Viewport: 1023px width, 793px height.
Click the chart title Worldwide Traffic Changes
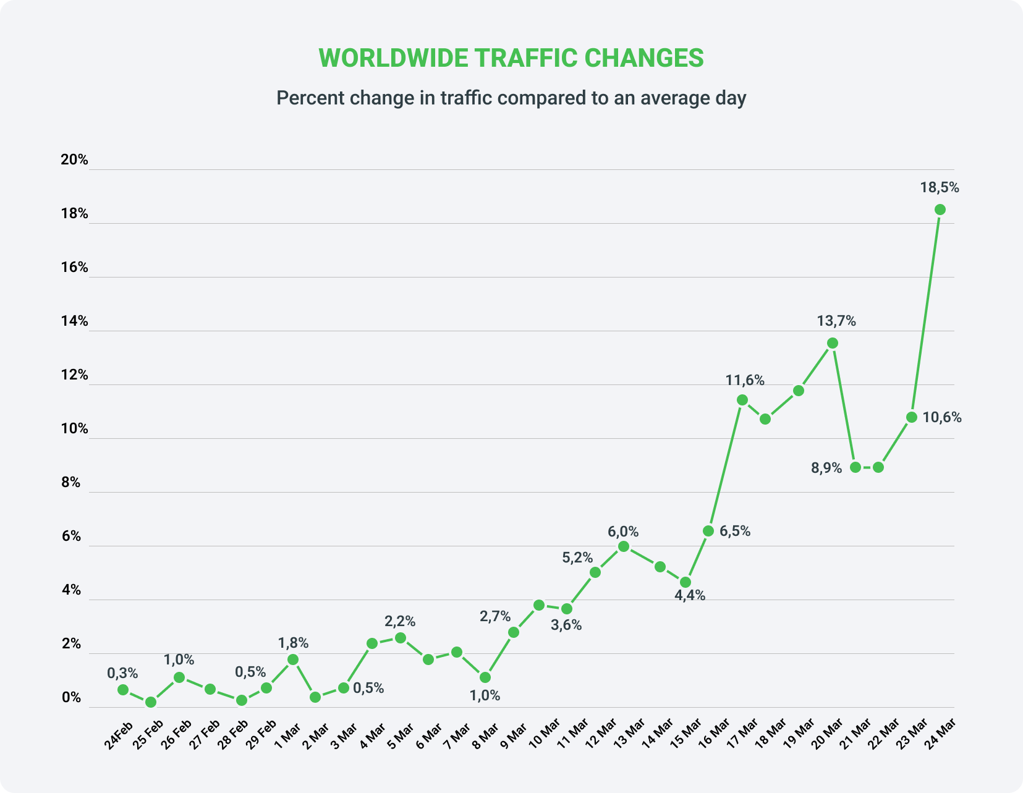[x=511, y=57]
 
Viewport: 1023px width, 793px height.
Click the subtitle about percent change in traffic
[x=511, y=98]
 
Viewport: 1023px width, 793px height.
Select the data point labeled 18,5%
[x=940, y=210]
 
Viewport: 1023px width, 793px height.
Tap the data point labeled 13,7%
[x=833, y=343]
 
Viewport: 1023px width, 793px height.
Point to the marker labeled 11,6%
[x=742, y=400]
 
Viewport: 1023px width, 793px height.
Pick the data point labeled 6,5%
[x=708, y=531]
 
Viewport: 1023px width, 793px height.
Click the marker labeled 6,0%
[x=624, y=546]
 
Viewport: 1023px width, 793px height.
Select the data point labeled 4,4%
[x=685, y=582]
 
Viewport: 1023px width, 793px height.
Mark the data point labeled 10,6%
[x=911, y=417]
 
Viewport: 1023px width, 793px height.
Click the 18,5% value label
[x=940, y=188]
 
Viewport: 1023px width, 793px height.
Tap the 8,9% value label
[x=826, y=468]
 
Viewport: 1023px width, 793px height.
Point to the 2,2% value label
[x=400, y=621]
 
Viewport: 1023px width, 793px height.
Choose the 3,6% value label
[x=566, y=625]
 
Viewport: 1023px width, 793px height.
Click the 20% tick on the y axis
[x=74, y=159]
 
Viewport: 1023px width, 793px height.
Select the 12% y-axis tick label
[x=74, y=375]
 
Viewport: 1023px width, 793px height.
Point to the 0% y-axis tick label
[x=71, y=697]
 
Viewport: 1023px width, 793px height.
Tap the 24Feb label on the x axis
[x=119, y=735]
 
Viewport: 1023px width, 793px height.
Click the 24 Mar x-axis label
[x=940, y=734]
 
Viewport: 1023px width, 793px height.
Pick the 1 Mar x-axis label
[x=287, y=734]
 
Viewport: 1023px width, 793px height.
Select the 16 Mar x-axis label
[x=714, y=734]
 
